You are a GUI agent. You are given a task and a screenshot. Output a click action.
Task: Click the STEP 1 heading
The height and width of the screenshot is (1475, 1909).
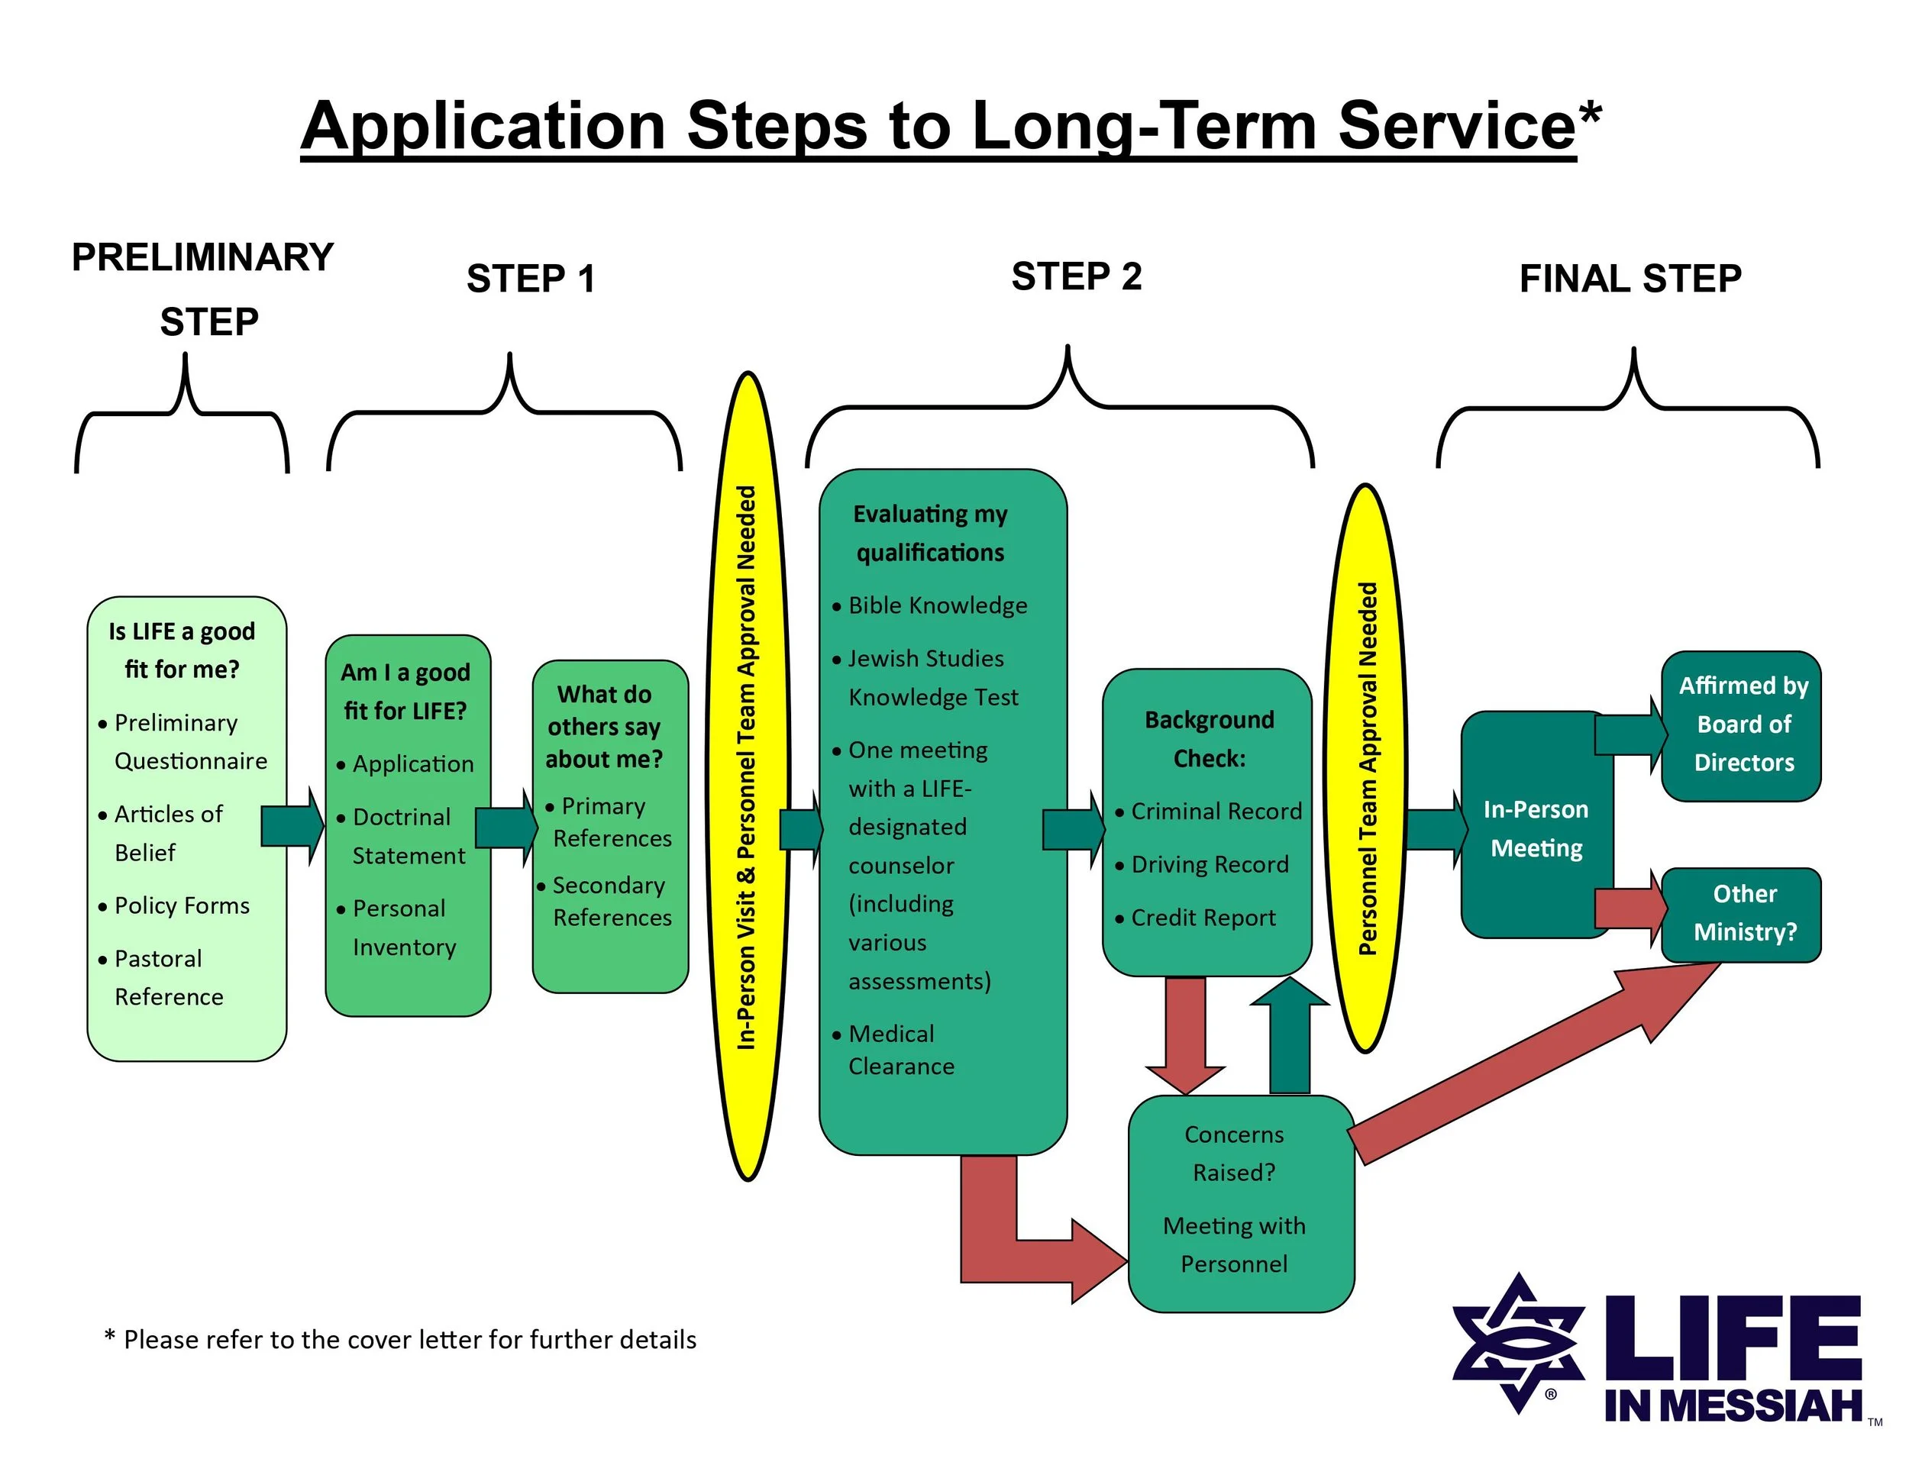531,279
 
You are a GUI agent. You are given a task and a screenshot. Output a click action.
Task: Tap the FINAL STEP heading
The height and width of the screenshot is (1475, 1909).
1630,279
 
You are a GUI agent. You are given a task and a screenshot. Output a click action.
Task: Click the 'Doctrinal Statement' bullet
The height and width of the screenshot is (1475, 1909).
407,836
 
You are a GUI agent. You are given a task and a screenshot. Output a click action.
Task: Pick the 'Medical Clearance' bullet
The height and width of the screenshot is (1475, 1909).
900,1051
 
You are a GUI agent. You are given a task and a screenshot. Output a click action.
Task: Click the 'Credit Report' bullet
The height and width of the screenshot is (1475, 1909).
1203,918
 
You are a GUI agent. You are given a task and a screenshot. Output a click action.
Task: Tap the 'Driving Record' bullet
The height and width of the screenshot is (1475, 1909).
1209,865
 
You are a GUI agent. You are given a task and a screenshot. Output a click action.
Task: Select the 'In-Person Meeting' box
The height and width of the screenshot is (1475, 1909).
1536,828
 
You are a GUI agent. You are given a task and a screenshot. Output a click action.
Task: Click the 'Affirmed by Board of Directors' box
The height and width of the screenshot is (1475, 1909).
1743,725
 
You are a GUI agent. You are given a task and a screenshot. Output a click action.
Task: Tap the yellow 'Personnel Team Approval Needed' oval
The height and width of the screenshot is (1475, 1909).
1366,769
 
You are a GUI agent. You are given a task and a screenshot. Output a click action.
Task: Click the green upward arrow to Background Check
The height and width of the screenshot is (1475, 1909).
1289,1035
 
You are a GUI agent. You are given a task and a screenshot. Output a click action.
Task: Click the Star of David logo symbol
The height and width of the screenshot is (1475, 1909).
1518,1343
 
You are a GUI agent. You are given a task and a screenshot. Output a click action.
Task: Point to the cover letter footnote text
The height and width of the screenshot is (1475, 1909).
400,1340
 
